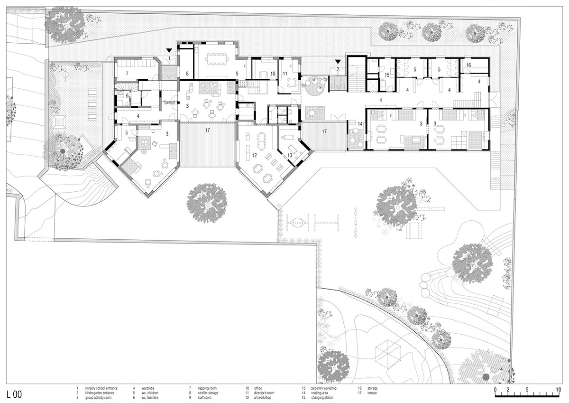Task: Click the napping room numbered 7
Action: [x=120, y=73]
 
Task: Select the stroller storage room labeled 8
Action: [x=187, y=74]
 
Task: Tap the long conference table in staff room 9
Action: [x=217, y=60]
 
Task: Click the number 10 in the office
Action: [x=273, y=74]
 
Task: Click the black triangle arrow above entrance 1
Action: [x=169, y=50]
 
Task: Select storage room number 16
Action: [x=468, y=65]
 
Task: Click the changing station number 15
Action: [x=387, y=75]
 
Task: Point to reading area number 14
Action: [x=360, y=124]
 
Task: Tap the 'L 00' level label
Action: [x=14, y=394]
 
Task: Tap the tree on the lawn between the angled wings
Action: [x=207, y=202]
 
